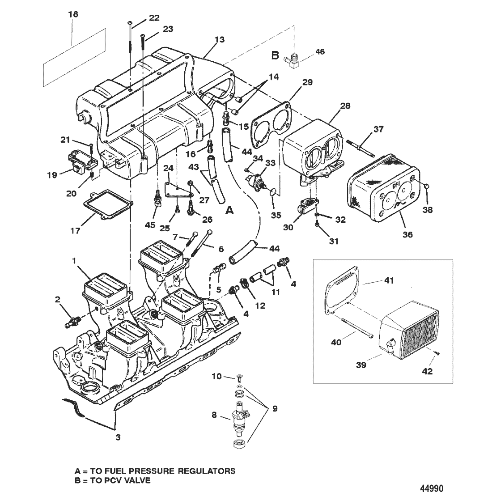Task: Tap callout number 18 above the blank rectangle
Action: coord(73,14)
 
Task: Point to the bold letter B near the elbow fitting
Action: coord(275,55)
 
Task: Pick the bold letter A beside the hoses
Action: coord(230,210)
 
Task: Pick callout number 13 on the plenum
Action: coord(220,39)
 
